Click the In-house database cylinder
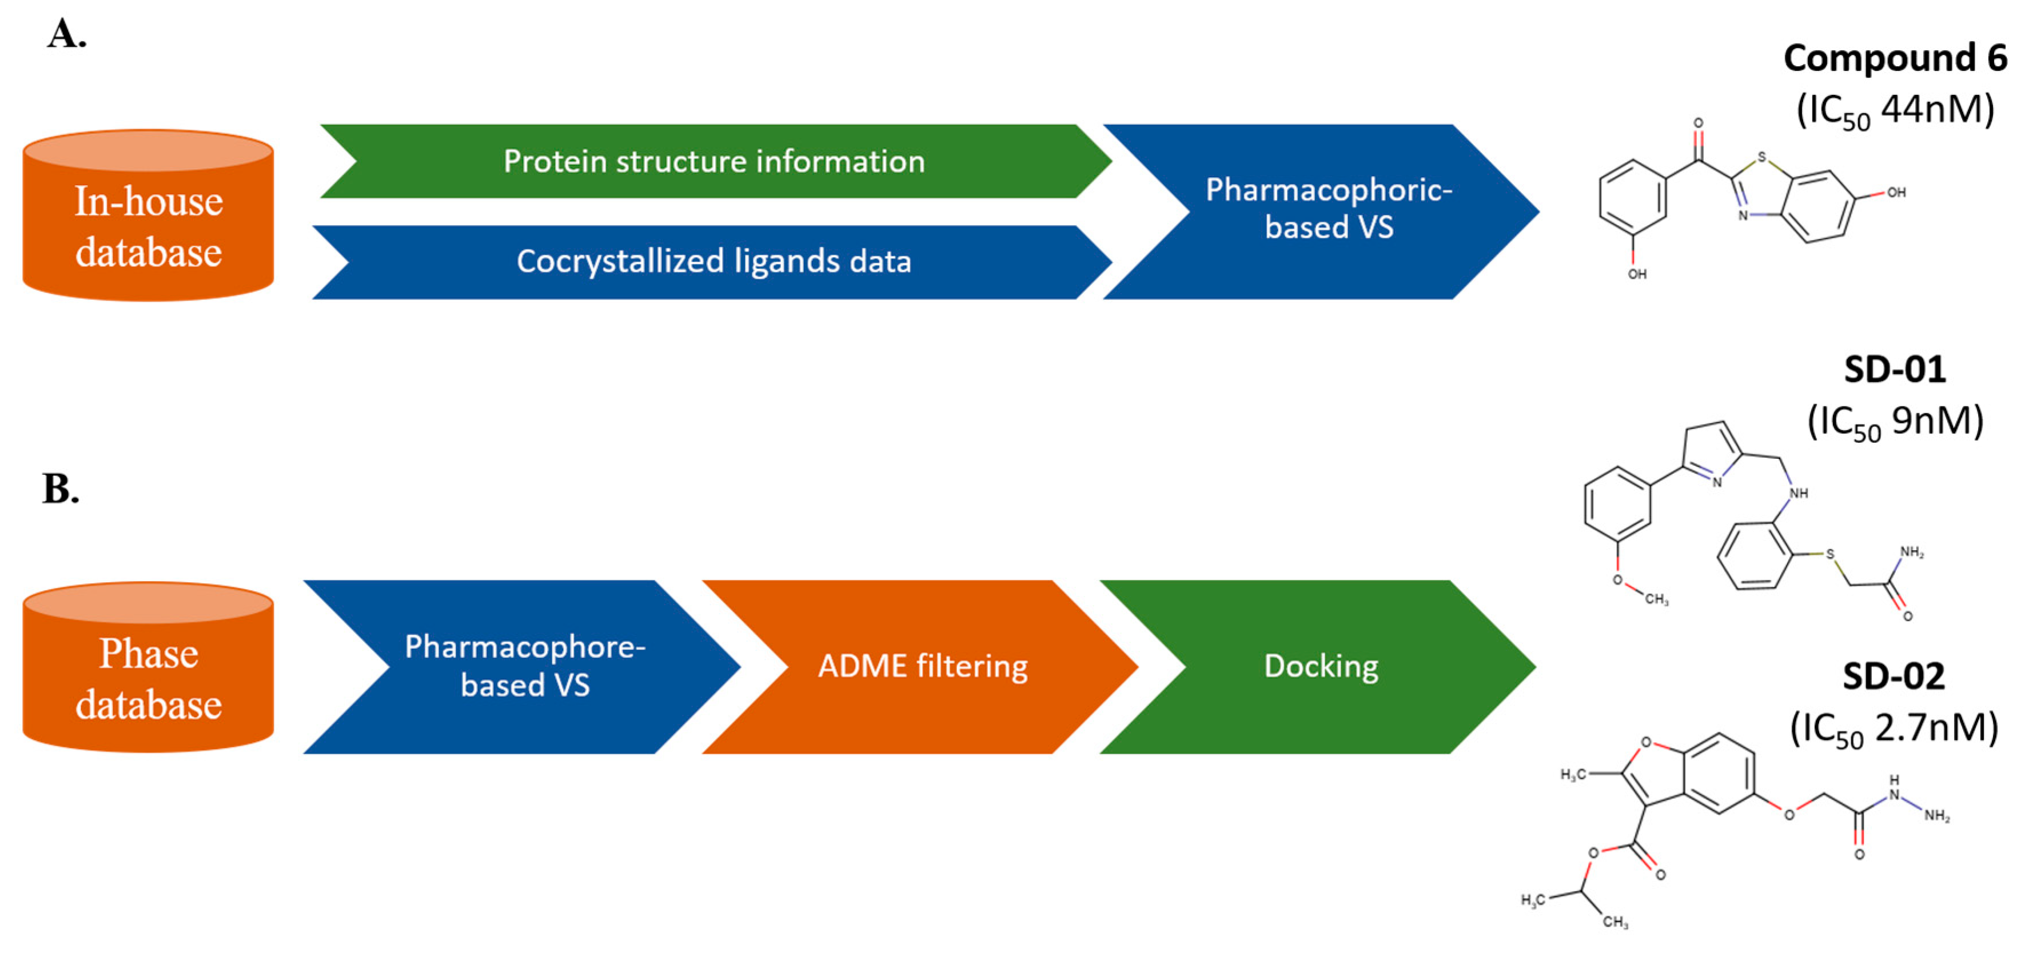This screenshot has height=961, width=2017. pyautogui.click(x=148, y=215)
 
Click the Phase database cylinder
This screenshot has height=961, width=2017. pyautogui.click(x=148, y=667)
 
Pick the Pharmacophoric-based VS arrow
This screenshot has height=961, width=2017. pyautogui.click(x=1324, y=211)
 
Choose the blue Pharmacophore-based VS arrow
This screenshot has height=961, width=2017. pyautogui.click(x=523, y=667)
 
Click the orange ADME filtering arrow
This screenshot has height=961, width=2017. pyautogui.click(x=921, y=667)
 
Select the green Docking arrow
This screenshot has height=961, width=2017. pyautogui.click(x=1318, y=667)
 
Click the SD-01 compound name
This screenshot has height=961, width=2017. pyautogui.click(x=1895, y=370)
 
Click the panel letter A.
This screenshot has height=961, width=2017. pyautogui.click(x=66, y=34)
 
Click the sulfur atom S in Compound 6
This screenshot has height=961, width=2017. pyautogui.click(x=1762, y=157)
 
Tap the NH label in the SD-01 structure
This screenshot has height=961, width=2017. pyautogui.click(x=1799, y=494)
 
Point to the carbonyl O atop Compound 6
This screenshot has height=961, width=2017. pyautogui.click(x=1699, y=123)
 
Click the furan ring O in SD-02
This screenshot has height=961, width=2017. pyautogui.click(x=1646, y=742)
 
